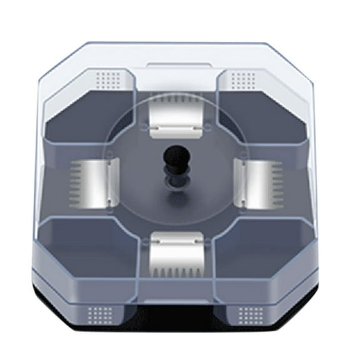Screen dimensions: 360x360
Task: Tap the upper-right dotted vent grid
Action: pyautogui.click(x=244, y=78)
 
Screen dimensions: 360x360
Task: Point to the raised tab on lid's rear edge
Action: pyautogui.click(x=177, y=65)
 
